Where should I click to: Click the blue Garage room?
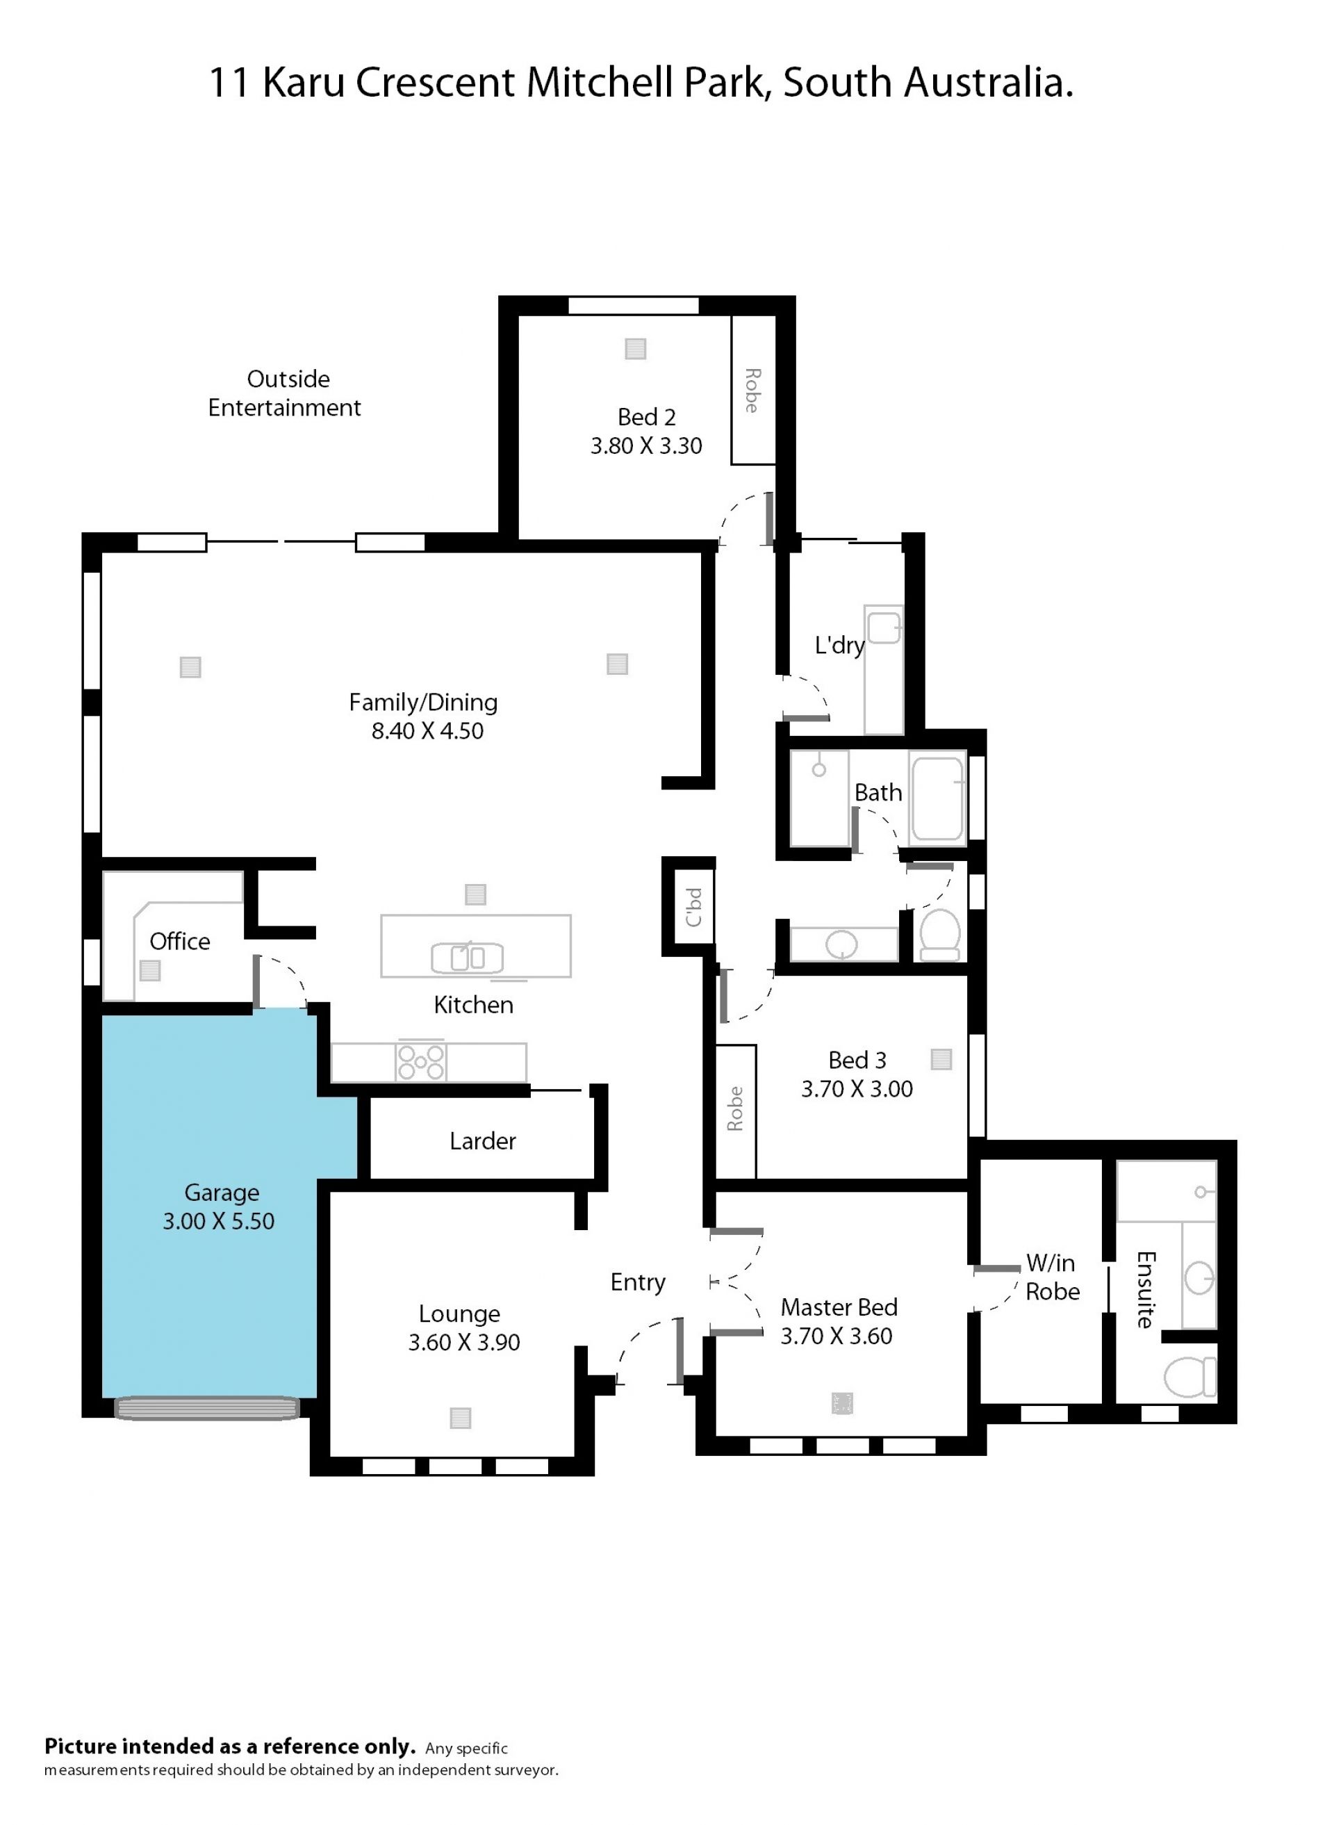(x=210, y=1211)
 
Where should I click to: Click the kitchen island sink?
(x=467, y=958)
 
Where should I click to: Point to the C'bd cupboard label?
(x=693, y=907)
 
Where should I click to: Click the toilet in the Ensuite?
(x=1189, y=1377)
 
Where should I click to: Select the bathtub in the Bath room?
(x=937, y=797)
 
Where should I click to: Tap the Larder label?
(x=482, y=1141)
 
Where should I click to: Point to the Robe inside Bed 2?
(x=752, y=390)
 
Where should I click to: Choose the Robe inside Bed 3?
(x=736, y=1112)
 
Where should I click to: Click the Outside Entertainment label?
(x=285, y=393)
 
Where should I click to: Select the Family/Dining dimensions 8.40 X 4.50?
(x=427, y=731)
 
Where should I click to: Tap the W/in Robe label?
(x=1052, y=1277)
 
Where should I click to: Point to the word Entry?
(x=638, y=1282)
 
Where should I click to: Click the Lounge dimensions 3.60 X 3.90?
(x=463, y=1342)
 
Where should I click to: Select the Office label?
(x=179, y=942)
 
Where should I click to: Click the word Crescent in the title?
(x=435, y=83)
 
